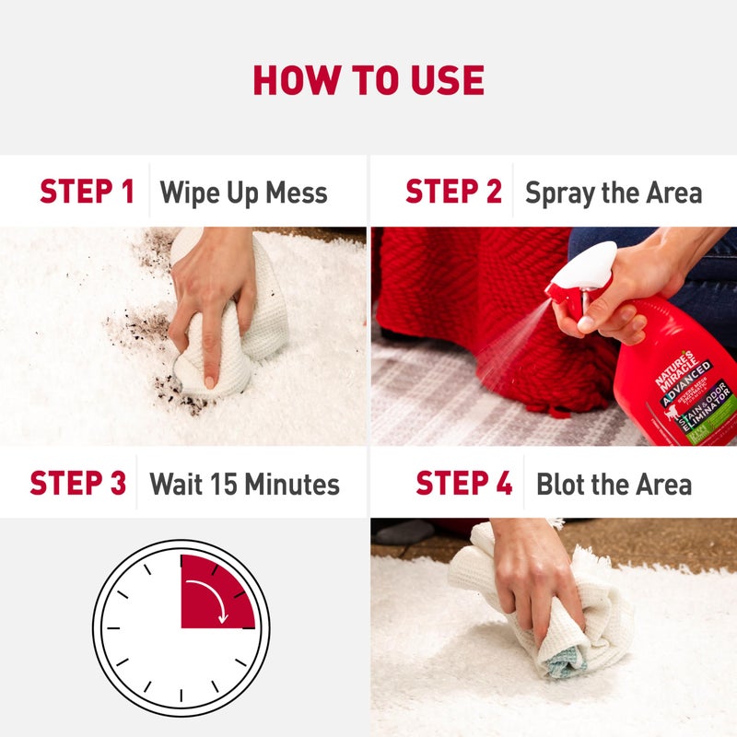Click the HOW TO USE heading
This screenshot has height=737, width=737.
click(x=368, y=81)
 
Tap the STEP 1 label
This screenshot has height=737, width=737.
click(x=87, y=193)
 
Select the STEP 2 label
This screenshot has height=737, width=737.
click(x=453, y=193)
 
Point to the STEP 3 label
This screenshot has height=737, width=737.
click(x=77, y=484)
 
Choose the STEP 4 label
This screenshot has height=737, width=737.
click(x=463, y=484)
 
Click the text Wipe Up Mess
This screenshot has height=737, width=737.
click(x=243, y=193)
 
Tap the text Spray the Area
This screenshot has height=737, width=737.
click(x=614, y=193)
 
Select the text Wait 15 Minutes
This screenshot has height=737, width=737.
click(x=244, y=485)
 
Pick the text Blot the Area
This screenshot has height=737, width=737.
click(x=614, y=485)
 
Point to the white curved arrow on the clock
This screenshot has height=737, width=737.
click(x=220, y=600)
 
